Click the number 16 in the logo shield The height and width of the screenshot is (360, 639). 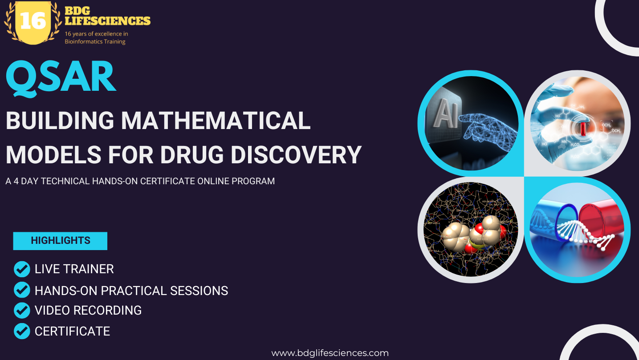click(x=33, y=21)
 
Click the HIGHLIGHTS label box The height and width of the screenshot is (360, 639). click(x=60, y=241)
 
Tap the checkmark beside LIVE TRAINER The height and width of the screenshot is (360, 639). click(x=22, y=269)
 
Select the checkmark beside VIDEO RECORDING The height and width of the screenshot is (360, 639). click(x=22, y=310)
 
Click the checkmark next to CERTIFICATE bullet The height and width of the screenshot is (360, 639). click(x=22, y=331)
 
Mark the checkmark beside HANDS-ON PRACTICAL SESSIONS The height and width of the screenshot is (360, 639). click(x=22, y=290)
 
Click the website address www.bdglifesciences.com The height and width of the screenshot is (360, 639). click(x=330, y=353)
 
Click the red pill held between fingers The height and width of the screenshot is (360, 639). click(x=583, y=129)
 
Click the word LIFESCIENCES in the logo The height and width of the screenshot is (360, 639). click(x=107, y=21)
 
